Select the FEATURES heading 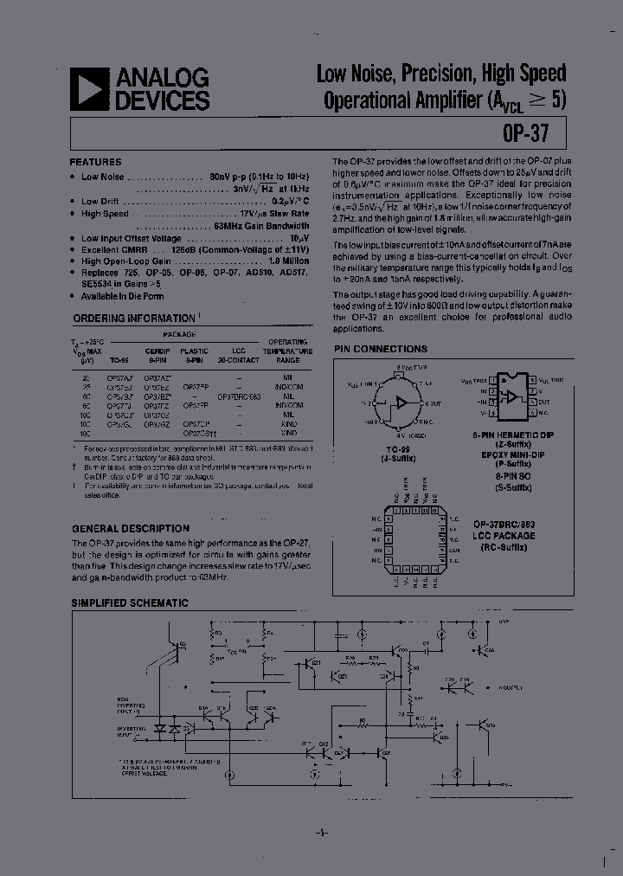point(95,162)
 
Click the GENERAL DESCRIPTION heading point(130,528)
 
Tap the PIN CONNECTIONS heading point(380,349)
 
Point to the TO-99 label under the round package point(399,450)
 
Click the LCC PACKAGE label point(504,536)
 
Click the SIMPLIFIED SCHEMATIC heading point(130,602)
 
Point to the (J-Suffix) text point(399,459)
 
